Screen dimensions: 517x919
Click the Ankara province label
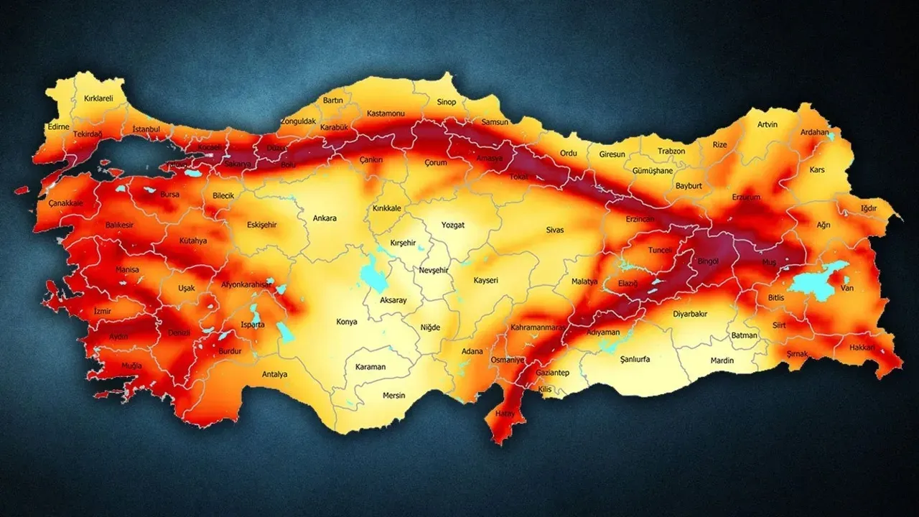click(x=325, y=218)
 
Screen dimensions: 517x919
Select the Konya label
click(x=346, y=322)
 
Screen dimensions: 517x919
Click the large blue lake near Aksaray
click(x=373, y=274)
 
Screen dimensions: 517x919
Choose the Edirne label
click(x=57, y=127)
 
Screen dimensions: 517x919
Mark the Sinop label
click(x=446, y=102)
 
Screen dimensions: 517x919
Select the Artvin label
click(x=767, y=124)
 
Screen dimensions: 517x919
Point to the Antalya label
click(x=274, y=374)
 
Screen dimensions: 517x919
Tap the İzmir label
click(x=103, y=312)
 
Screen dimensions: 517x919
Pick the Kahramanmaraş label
click(x=535, y=327)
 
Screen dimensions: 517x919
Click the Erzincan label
click(x=640, y=218)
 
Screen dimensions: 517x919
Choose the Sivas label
click(x=554, y=230)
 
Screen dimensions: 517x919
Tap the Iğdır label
click(x=868, y=209)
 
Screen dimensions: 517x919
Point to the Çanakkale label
click(x=65, y=203)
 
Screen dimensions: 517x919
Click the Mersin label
click(x=393, y=396)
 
